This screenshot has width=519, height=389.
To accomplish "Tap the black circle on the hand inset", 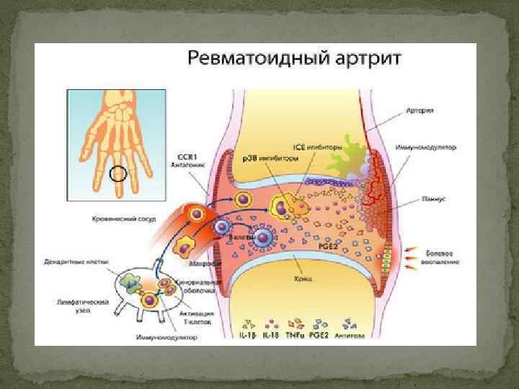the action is click(x=117, y=174).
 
